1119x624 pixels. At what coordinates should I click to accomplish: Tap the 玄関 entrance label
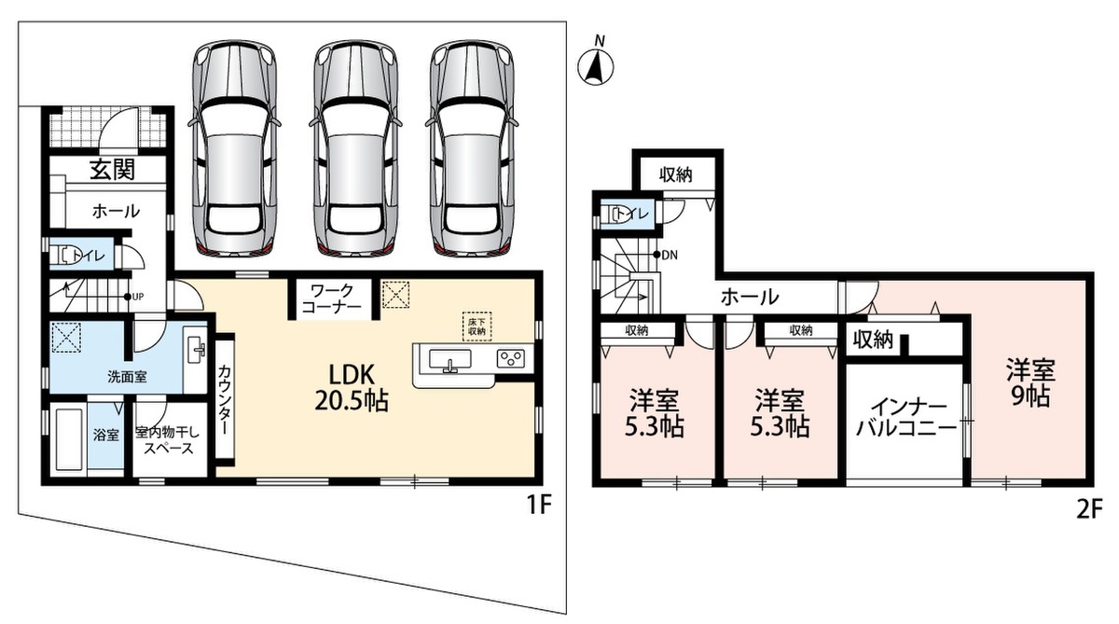[x=113, y=170]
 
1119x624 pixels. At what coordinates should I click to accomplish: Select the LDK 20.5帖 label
[x=352, y=386]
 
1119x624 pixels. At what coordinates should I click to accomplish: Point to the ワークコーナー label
[x=331, y=298]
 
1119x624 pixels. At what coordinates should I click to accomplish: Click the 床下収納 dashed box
[x=477, y=326]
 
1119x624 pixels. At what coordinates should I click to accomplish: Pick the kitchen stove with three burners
[x=511, y=359]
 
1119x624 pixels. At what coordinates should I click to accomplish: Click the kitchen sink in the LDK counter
[x=450, y=361]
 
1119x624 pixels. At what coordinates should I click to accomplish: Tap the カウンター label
[x=225, y=400]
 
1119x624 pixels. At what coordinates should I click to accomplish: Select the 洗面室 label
[x=128, y=377]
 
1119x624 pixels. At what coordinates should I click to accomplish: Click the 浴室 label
[x=106, y=435]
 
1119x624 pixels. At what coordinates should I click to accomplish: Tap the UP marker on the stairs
[x=134, y=297]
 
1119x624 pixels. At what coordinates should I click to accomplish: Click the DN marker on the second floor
[x=666, y=255]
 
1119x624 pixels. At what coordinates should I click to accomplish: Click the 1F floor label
[x=539, y=506]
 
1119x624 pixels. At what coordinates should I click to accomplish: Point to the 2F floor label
[x=1090, y=510]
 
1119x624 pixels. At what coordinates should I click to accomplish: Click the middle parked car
[x=355, y=149]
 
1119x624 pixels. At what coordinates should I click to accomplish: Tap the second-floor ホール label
[x=750, y=298]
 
